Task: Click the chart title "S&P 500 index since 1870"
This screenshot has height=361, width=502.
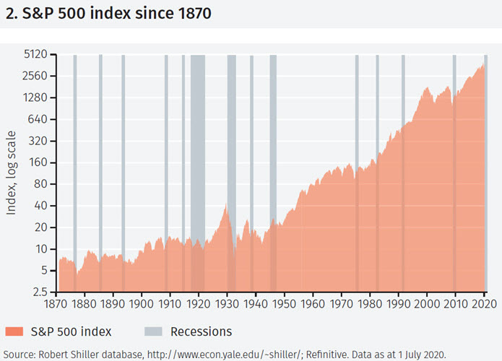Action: [x=108, y=14]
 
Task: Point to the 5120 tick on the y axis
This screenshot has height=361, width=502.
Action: [x=34, y=54]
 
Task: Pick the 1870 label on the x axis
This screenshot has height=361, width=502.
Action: [x=56, y=305]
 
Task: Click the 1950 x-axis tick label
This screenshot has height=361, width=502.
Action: [x=285, y=305]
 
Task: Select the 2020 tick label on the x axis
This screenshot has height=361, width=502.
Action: [x=484, y=305]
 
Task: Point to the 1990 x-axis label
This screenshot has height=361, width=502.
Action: [x=399, y=305]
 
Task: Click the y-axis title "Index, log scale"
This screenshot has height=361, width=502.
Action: [x=12, y=173]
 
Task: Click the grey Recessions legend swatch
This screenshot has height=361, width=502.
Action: [x=153, y=332]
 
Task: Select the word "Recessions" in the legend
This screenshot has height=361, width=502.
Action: [x=201, y=332]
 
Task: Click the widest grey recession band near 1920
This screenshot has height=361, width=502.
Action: [x=197, y=173]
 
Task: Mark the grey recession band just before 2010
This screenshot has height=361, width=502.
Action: [x=454, y=173]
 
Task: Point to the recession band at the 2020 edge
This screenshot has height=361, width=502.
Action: [x=485, y=173]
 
